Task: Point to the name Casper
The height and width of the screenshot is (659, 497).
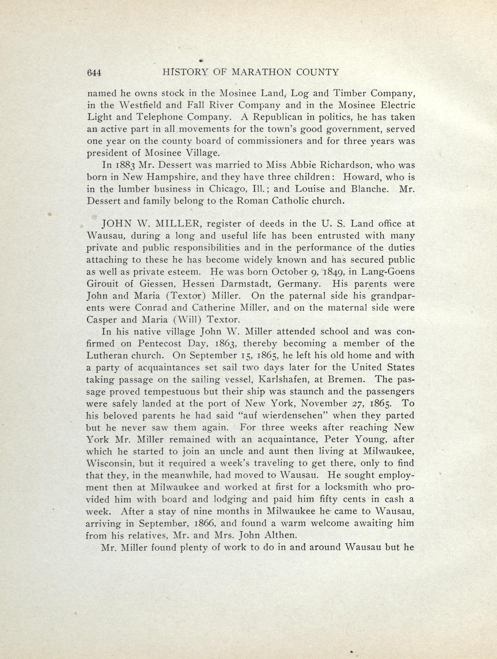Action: (101, 320)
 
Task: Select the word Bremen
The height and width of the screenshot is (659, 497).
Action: (349, 380)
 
